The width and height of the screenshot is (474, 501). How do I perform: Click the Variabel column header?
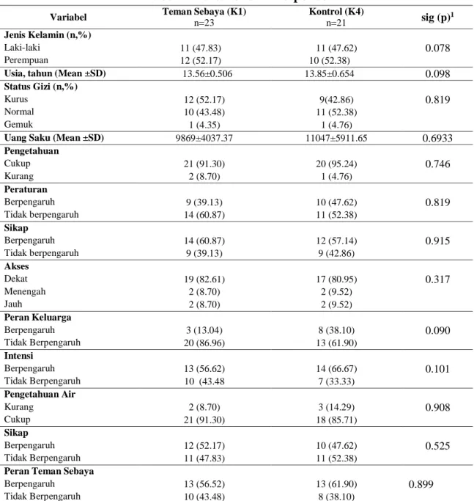click(x=68, y=17)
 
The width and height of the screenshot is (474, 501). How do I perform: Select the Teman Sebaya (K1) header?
click(x=204, y=12)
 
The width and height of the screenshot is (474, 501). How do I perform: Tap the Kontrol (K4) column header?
click(x=336, y=12)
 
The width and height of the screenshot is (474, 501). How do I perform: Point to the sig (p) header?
click(x=437, y=18)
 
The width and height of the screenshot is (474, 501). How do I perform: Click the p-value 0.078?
click(x=437, y=48)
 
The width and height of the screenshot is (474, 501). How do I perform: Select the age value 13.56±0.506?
click(x=207, y=74)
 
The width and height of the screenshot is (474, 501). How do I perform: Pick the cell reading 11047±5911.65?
click(x=336, y=138)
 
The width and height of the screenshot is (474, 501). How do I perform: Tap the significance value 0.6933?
click(x=437, y=138)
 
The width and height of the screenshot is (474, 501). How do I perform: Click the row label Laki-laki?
click(x=22, y=48)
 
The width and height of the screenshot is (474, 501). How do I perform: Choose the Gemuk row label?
click(x=18, y=124)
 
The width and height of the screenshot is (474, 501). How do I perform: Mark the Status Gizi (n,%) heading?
click(x=41, y=87)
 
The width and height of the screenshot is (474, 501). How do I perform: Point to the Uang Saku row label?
click(x=54, y=138)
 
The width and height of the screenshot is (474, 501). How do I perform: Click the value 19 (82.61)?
click(x=204, y=279)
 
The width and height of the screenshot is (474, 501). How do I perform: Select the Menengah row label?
click(x=25, y=291)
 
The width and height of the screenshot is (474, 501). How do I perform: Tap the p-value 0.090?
click(x=437, y=330)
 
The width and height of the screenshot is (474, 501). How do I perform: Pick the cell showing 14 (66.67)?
click(x=336, y=369)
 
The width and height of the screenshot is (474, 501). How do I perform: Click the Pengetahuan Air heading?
click(x=40, y=395)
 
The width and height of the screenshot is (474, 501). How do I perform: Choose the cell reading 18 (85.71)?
click(x=336, y=420)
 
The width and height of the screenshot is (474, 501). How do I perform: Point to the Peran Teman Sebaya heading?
click(x=49, y=471)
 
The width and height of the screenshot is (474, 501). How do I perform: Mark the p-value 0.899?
click(x=421, y=484)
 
